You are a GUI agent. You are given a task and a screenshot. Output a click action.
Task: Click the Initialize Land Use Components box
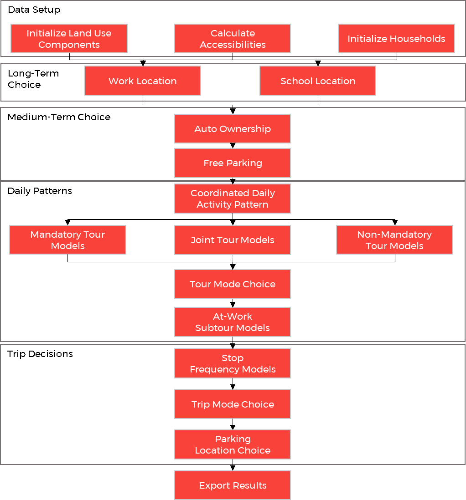point(69,39)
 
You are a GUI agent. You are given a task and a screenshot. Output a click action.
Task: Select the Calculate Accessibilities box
point(233,39)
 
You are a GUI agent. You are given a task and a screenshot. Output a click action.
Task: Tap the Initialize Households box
point(396,39)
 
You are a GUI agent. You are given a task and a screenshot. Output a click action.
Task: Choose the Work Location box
point(143,81)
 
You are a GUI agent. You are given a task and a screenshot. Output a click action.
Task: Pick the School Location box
point(318,81)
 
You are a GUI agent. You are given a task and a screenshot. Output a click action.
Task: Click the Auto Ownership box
point(233,129)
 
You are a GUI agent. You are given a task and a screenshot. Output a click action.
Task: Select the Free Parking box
point(233,163)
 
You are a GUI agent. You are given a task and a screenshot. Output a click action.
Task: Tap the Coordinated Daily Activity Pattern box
point(233,199)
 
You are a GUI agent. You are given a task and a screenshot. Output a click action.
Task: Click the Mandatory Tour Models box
point(67,240)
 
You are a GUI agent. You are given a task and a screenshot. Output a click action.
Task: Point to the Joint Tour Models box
point(233,240)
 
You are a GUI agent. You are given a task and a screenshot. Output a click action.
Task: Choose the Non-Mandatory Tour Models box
point(394,240)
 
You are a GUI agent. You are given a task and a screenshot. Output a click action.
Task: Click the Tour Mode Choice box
point(233,284)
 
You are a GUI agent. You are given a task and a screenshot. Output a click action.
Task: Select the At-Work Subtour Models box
point(233,322)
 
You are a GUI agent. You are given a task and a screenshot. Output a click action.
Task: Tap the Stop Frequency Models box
point(233,363)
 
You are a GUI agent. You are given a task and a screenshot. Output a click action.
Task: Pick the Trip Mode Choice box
point(233,404)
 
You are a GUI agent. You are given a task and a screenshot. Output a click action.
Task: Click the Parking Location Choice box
point(233,444)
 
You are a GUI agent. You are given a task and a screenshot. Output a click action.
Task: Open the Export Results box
point(233,485)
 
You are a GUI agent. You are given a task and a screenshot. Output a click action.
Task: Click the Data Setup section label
point(34,10)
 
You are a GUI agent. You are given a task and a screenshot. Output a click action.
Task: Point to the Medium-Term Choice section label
point(59,117)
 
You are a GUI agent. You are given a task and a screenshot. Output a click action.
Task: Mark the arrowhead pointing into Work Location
point(143,63)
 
